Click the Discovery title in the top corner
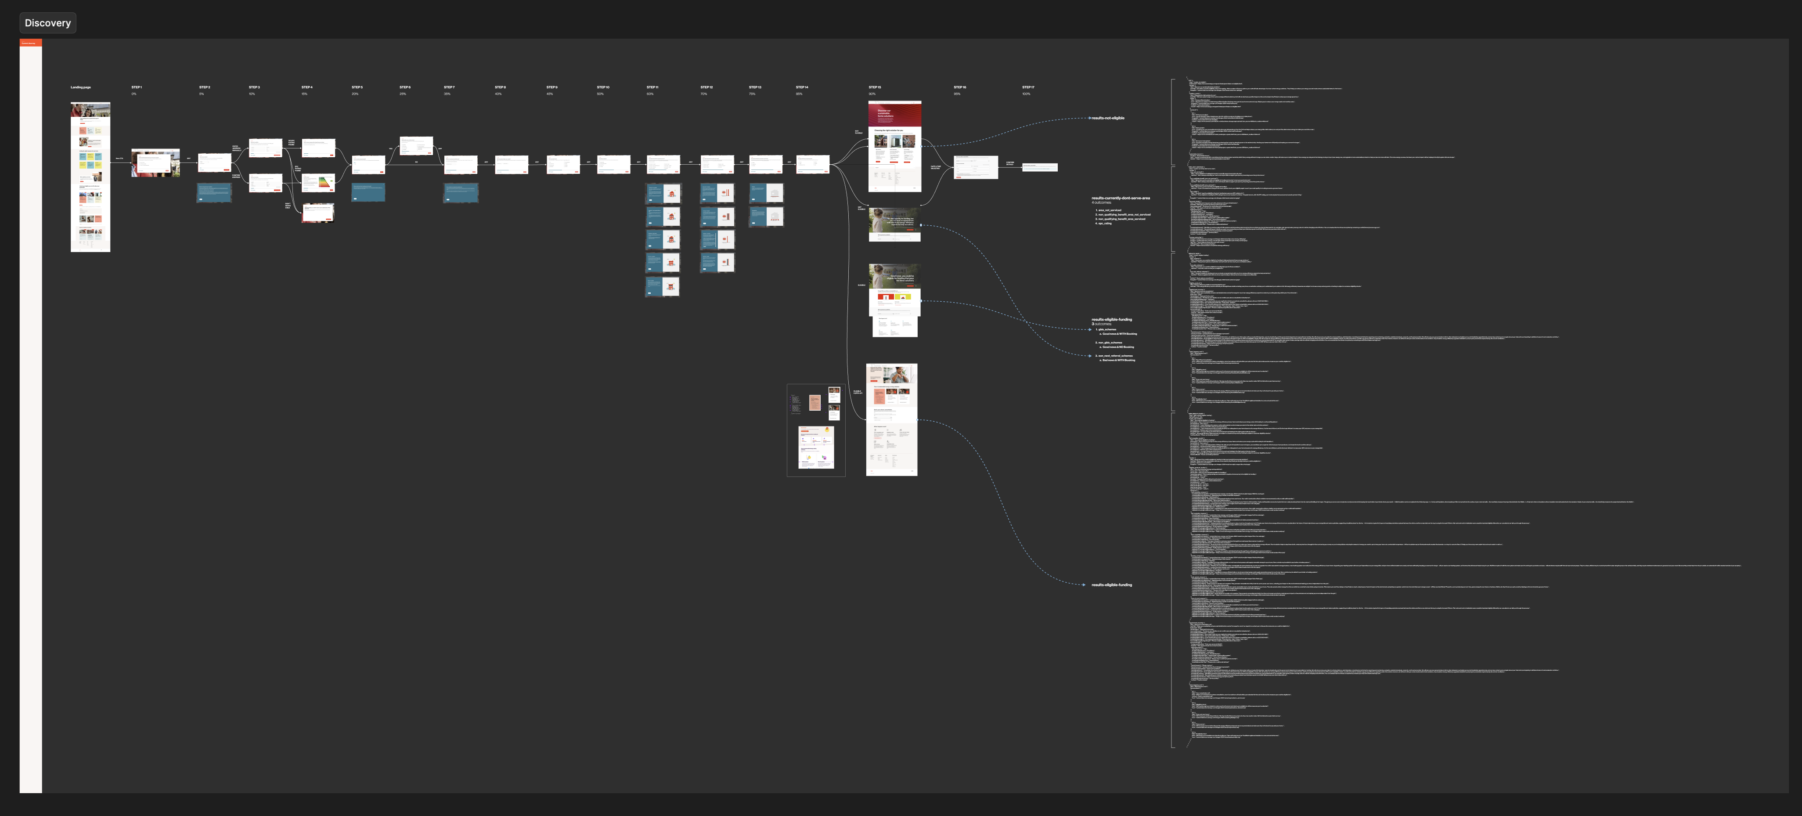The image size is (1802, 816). click(47, 23)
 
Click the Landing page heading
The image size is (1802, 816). click(80, 87)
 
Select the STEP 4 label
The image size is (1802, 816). click(307, 87)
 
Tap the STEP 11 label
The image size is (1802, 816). click(652, 87)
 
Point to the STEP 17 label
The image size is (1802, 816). click(1027, 87)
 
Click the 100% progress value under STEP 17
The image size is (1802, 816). click(1026, 94)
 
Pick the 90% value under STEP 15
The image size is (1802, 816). click(872, 94)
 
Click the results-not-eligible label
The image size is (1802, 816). click(1108, 118)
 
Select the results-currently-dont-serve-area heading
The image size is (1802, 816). click(1120, 198)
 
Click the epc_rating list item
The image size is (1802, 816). click(1105, 223)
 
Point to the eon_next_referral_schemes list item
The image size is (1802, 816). click(1115, 355)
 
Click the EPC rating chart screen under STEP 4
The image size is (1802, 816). click(318, 183)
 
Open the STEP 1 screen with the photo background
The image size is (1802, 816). click(155, 163)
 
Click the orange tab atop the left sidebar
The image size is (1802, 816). click(31, 43)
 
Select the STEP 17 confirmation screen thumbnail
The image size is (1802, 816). click(1039, 167)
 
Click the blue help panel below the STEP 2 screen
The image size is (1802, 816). click(214, 192)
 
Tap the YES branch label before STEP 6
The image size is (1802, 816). click(390, 149)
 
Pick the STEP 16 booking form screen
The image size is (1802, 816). click(976, 167)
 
